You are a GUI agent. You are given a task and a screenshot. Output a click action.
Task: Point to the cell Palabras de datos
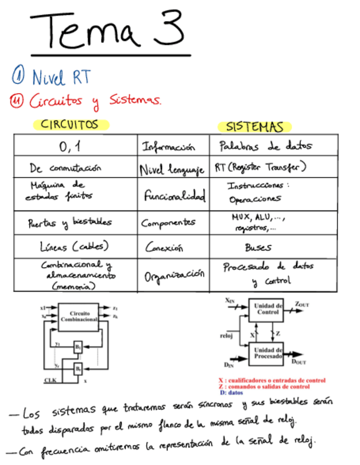tap(265, 146)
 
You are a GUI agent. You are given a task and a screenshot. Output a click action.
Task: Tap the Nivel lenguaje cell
tap(172, 169)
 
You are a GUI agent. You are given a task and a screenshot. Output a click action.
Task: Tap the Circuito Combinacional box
tap(78, 316)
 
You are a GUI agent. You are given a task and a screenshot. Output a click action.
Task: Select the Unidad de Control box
tap(266, 309)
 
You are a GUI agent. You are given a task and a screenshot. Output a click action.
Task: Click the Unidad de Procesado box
tap(266, 353)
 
